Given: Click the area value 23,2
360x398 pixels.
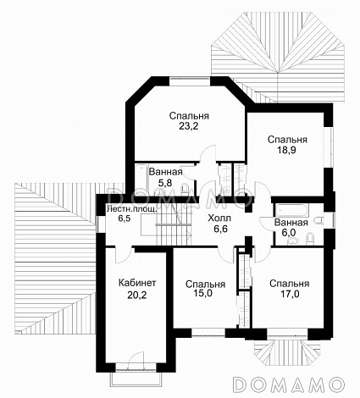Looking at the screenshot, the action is pyautogui.click(x=189, y=126).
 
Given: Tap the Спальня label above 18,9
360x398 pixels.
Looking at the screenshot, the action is pyautogui.click(x=287, y=140).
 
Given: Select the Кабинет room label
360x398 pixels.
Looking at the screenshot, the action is pyautogui.click(x=137, y=283).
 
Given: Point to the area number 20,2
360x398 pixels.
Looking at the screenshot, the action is pyautogui.click(x=137, y=295).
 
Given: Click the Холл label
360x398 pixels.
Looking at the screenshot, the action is pyautogui.click(x=219, y=218).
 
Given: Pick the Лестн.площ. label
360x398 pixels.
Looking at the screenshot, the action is pyautogui.click(x=131, y=209).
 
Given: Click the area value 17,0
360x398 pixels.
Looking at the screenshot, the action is pyautogui.click(x=290, y=294).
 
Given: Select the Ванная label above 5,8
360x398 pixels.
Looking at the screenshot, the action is pyautogui.click(x=166, y=171).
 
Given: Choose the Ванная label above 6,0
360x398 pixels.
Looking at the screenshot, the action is pyautogui.click(x=291, y=223).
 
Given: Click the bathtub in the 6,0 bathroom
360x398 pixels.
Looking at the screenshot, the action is pyautogui.click(x=291, y=211).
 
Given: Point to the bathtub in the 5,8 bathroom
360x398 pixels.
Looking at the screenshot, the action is pyautogui.click(x=141, y=179).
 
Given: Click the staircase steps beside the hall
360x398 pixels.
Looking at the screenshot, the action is pyautogui.click(x=174, y=225).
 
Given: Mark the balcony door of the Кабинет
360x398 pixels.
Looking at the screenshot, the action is pyautogui.click(x=136, y=360).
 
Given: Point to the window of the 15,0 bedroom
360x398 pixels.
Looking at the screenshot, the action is pyautogui.click(x=208, y=333).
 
